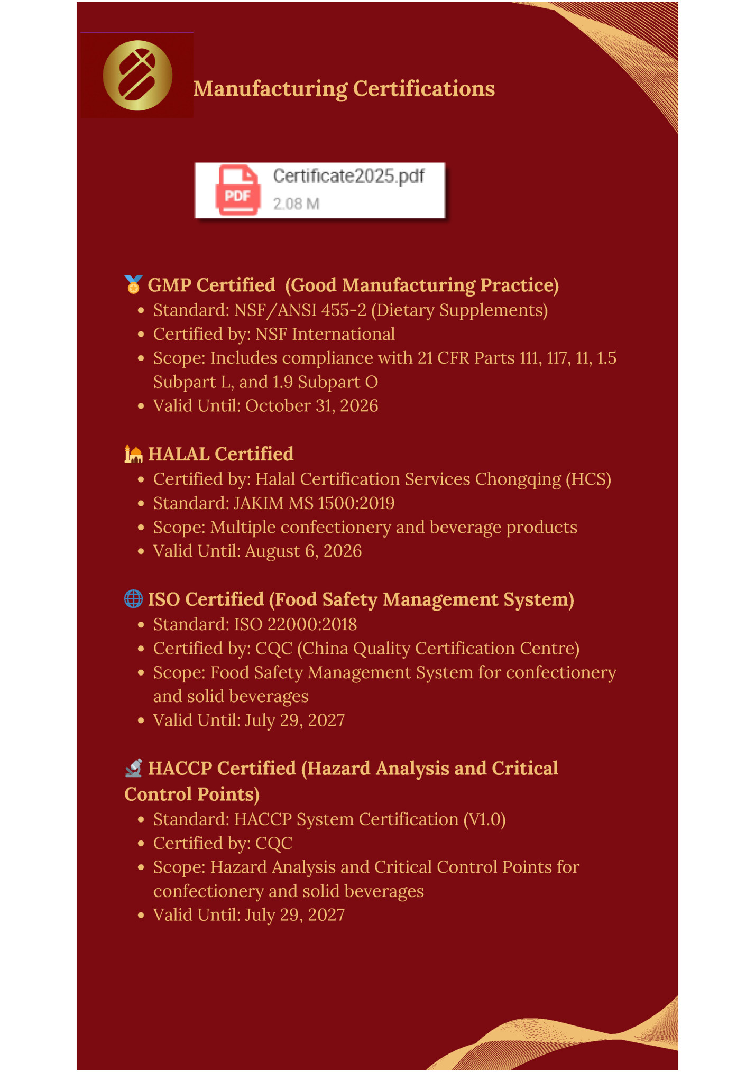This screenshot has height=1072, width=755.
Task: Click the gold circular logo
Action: pyautogui.click(x=137, y=76)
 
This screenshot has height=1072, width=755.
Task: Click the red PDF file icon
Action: pyautogui.click(x=238, y=191)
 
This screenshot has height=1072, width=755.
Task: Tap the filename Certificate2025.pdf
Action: pyautogui.click(x=348, y=176)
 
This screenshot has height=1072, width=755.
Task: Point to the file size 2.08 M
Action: pyautogui.click(x=296, y=204)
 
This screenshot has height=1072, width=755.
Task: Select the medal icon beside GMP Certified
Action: pyautogui.click(x=133, y=284)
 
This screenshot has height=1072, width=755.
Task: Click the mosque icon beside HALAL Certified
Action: pyautogui.click(x=133, y=454)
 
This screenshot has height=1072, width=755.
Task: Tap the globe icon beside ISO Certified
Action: pyautogui.click(x=133, y=599)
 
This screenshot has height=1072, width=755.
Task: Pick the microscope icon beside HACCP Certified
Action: pyautogui.click(x=133, y=768)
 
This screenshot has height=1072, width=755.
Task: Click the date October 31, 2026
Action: pyautogui.click(x=311, y=406)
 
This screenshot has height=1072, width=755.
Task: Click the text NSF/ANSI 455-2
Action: pyautogui.click(x=300, y=310)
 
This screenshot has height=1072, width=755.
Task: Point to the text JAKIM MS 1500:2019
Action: pyautogui.click(x=314, y=503)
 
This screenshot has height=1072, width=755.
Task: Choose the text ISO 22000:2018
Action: pyautogui.click(x=295, y=625)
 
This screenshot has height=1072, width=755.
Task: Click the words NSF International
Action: pyautogui.click(x=325, y=335)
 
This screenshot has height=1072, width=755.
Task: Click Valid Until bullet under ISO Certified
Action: pyautogui.click(x=248, y=720)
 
